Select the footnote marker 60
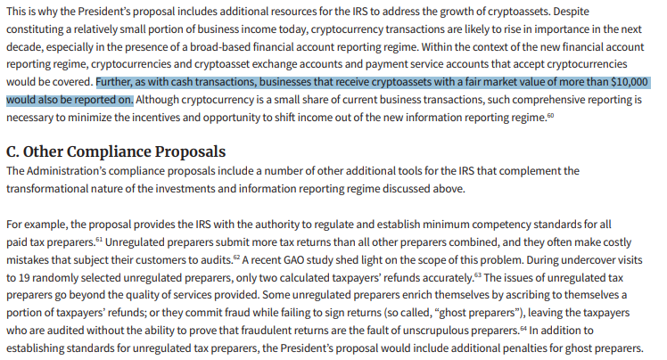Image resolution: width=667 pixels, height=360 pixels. pos(550,115)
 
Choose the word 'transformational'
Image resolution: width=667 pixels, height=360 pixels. pos(54,188)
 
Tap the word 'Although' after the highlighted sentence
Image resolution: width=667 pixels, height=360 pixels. pos(161,99)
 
